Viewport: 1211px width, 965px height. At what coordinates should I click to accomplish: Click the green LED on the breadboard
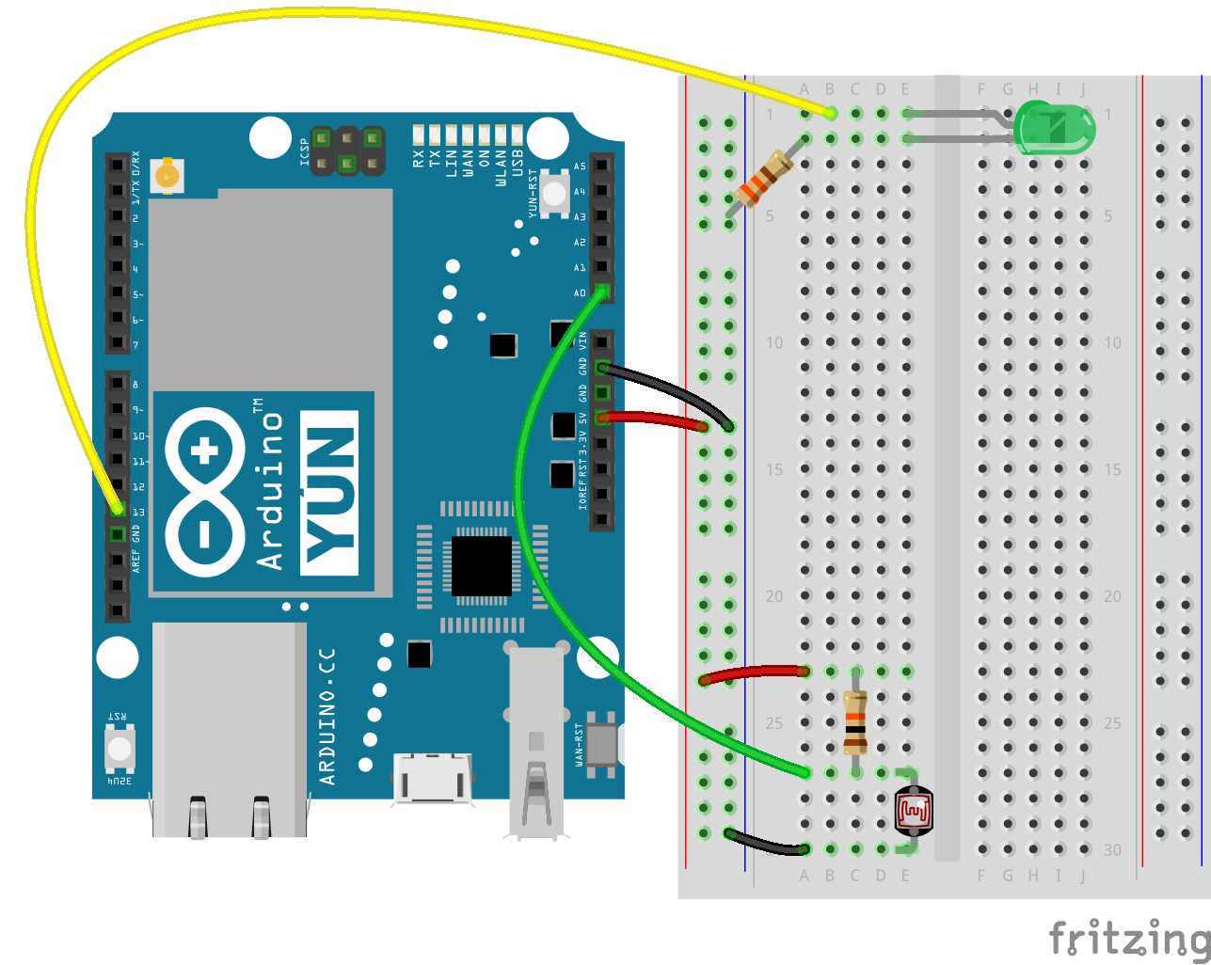coord(1055,129)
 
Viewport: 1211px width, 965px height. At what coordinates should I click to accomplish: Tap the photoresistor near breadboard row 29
coord(914,811)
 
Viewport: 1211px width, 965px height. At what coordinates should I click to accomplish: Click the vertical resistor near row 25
coord(855,722)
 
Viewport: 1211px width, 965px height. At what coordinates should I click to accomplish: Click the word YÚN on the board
coord(329,493)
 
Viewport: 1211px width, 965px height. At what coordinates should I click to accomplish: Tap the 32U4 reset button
coord(119,749)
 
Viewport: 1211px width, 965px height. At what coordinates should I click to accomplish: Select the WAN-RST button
coord(601,744)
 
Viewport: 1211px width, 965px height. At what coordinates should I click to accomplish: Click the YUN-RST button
coord(555,195)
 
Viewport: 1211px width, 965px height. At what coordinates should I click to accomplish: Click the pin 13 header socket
coord(117,510)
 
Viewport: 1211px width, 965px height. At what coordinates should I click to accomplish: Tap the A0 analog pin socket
coord(602,292)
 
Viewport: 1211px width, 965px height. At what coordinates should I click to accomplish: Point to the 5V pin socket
coord(602,418)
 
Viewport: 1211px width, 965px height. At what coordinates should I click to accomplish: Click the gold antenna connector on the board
coord(167,174)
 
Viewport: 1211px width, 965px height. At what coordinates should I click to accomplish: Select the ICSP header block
coord(347,150)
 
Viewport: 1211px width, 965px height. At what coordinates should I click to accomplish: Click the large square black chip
coord(482,565)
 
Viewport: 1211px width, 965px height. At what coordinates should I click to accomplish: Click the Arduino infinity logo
coord(205,493)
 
